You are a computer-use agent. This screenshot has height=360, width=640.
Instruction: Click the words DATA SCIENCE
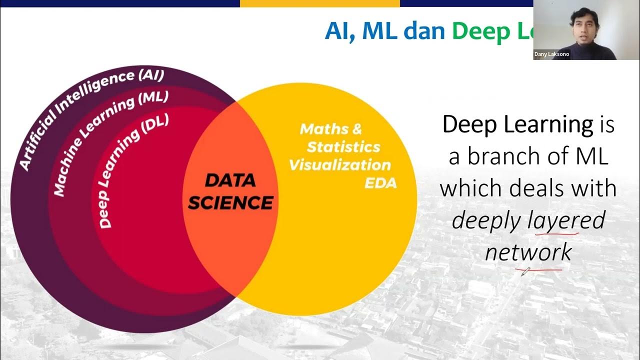click(x=230, y=192)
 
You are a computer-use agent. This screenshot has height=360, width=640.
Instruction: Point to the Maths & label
click(x=330, y=129)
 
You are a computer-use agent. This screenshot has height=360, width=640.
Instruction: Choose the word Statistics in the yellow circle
click(x=343, y=147)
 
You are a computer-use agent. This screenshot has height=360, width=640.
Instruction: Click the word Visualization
click(x=340, y=165)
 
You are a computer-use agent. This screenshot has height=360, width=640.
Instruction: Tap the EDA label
click(x=380, y=183)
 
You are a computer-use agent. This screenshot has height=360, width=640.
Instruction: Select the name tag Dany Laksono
click(x=551, y=54)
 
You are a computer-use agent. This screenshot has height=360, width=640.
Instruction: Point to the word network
click(x=528, y=252)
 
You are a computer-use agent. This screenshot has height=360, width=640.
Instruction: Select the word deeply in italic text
click(x=487, y=220)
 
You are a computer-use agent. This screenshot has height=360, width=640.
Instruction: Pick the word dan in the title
click(x=424, y=31)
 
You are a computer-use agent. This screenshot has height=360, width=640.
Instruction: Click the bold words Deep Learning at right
click(x=517, y=124)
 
